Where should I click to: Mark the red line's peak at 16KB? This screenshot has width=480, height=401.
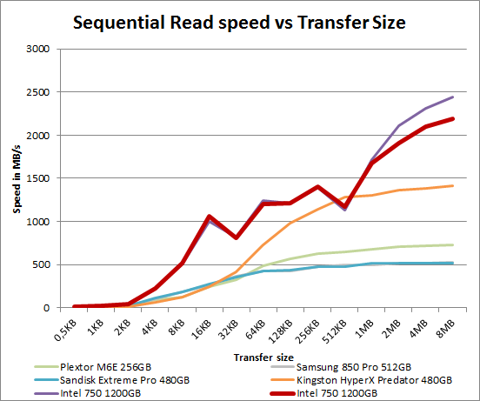coord(210,217)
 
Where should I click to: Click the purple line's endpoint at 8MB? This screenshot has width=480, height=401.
coord(452,97)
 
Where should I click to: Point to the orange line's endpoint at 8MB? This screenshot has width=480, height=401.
coord(452,185)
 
